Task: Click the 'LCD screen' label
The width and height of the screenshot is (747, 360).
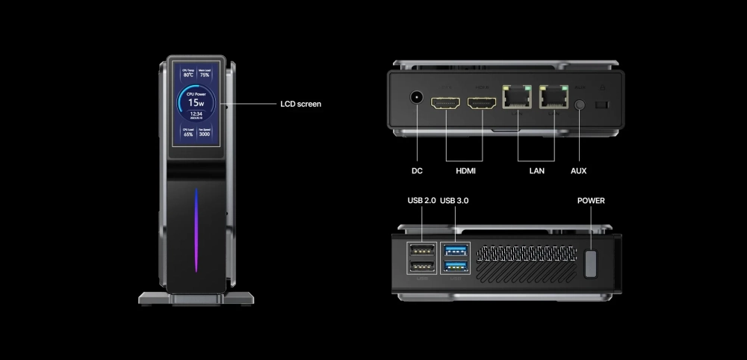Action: tap(300, 104)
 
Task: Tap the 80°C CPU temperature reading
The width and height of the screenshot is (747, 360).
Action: tap(188, 75)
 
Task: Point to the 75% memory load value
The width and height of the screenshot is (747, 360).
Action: tap(204, 75)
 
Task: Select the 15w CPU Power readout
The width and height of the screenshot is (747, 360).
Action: tap(196, 102)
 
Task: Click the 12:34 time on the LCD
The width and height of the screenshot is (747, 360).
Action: tap(196, 114)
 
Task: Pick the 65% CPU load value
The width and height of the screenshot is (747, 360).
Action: tap(188, 134)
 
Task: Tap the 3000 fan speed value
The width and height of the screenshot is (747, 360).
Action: tap(204, 134)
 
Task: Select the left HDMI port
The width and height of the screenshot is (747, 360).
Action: tap(446, 104)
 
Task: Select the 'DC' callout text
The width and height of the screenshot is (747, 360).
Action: tap(417, 171)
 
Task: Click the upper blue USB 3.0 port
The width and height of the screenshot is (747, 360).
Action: tap(456, 250)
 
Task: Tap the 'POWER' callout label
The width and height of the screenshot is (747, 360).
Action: tap(591, 201)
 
